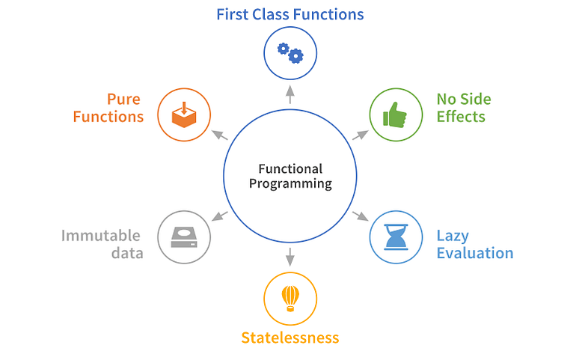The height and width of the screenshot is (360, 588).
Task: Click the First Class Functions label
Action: point(290,14)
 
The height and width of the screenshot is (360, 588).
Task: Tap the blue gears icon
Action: point(290,52)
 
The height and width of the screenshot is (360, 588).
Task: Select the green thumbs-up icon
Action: point(396,115)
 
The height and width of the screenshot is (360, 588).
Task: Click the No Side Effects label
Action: point(463,108)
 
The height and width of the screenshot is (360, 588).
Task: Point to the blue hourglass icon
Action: point(396,237)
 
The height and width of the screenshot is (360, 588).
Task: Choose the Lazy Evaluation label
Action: point(474,244)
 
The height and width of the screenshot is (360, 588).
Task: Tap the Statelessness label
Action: point(290,338)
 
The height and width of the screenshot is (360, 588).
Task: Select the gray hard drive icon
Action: point(184,237)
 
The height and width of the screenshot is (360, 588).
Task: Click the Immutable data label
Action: point(102,244)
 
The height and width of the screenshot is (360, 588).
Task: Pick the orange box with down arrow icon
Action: point(184,115)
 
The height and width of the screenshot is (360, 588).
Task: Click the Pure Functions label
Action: point(114,108)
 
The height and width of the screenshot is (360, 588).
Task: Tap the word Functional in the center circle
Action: point(290,168)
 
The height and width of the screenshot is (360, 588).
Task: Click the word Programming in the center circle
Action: point(290,183)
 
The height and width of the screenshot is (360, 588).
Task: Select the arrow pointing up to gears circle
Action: point(290,93)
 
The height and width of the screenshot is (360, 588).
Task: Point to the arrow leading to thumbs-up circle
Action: point(361,135)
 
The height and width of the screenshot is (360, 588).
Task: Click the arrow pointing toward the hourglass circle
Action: point(361,216)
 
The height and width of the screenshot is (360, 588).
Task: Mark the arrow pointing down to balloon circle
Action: point(290,257)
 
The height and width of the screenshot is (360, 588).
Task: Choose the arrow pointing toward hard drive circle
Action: point(219,216)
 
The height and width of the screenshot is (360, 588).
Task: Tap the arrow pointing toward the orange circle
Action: point(219,135)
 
